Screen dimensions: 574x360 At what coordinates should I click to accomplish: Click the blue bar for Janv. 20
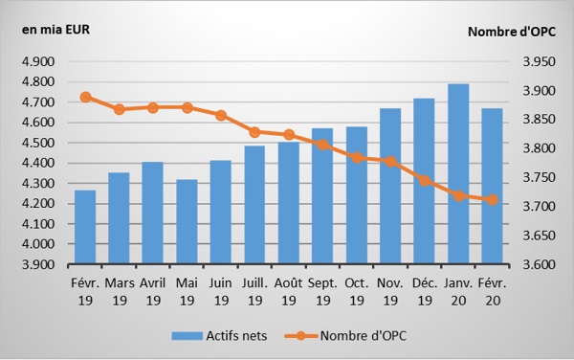coord(458,173)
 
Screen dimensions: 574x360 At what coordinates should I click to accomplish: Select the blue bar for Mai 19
coord(187,221)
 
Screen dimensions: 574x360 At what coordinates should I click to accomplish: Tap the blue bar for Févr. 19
coord(85,227)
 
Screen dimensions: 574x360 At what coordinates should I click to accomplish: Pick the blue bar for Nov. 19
coord(390,186)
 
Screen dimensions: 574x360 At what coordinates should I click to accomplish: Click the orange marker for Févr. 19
coord(86,97)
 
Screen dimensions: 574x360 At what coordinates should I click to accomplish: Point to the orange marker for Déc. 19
coord(425,181)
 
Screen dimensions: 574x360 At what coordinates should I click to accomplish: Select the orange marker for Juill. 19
coord(255,132)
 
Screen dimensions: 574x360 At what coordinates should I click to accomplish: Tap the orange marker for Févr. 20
coord(493,199)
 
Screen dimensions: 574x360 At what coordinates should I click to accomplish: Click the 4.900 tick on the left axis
coord(38,61)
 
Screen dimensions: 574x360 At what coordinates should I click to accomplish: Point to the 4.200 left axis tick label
coord(38,204)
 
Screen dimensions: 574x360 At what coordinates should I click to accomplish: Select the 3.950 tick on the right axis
coord(539,61)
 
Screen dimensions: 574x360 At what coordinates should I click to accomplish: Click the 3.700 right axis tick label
coord(539,207)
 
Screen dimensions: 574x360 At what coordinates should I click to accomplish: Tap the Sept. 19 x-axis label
coord(322,292)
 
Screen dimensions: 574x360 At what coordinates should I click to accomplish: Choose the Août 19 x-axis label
coord(289,292)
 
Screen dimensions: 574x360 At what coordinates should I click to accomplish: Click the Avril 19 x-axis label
coord(153,292)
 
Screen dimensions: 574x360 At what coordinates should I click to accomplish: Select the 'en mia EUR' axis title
coord(55,30)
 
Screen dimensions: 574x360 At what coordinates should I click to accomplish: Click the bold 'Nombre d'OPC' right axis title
coord(512,32)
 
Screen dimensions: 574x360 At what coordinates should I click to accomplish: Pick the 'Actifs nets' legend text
coord(236,336)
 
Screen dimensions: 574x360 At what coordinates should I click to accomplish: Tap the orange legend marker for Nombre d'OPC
coord(300,335)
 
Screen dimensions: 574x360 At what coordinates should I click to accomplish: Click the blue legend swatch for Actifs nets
coord(188,336)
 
